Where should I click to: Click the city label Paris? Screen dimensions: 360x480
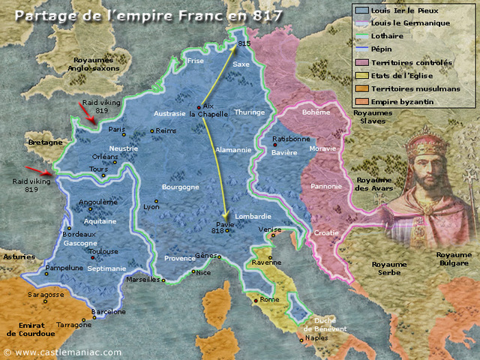click(116, 130)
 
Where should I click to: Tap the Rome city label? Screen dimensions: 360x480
click(270, 299)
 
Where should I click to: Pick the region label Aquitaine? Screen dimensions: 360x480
click(100, 222)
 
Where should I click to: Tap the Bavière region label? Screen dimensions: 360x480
click(284, 152)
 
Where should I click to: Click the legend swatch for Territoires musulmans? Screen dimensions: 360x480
click(361, 88)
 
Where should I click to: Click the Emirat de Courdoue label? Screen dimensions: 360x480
click(31, 328)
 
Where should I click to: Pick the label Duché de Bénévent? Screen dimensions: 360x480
click(325, 324)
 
